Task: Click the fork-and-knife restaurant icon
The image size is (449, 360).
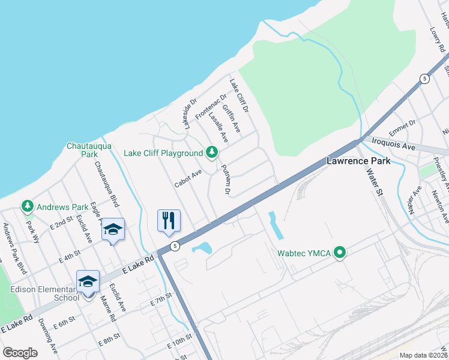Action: [x=169, y=220]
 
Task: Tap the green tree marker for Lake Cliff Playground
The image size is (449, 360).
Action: [x=211, y=153]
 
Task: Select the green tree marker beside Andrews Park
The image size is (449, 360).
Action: [x=27, y=207]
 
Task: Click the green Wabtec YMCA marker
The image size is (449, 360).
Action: [x=340, y=253]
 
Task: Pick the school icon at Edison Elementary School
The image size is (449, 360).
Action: [x=87, y=281]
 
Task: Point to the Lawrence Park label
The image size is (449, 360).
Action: [x=358, y=161]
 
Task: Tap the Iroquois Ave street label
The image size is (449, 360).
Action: [x=393, y=146]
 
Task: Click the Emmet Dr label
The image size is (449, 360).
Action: [x=402, y=127]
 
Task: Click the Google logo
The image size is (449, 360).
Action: [x=20, y=352]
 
